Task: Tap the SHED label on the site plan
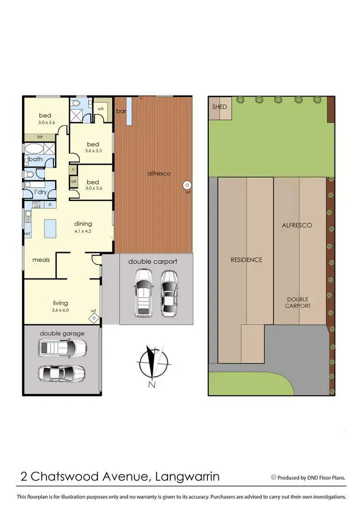coord(219,107)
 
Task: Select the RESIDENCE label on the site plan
coord(247,260)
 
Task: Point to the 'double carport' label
coord(153,262)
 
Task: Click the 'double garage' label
coord(62,333)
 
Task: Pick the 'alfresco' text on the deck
coord(159,173)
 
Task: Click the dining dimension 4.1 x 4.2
coord(83,231)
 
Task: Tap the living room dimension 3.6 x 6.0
coord(60,310)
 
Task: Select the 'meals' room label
coord(41,260)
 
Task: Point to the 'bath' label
coord(36,159)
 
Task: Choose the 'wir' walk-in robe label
coord(101,109)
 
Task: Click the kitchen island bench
coord(49,228)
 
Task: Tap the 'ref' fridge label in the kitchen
coord(27,233)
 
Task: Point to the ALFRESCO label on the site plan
coord(297,225)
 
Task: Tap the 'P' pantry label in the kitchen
coord(50,205)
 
